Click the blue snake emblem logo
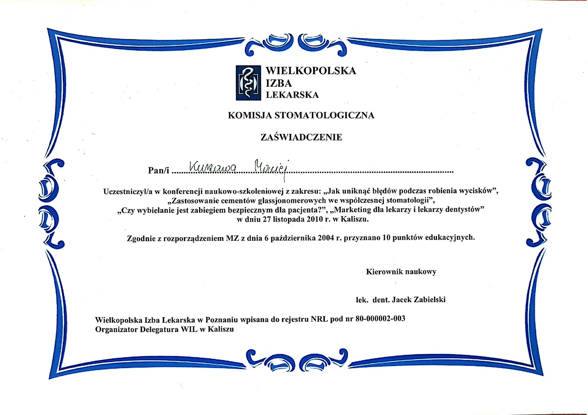pos(248,83)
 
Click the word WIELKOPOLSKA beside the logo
pos(311,71)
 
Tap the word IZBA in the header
pos(279,83)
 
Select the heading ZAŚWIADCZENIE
pos(301,137)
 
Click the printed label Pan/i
pos(158,170)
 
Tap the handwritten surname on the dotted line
pos(214,167)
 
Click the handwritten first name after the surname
pos(271,167)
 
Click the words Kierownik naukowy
pos(401,272)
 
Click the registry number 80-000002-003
pos(380,319)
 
